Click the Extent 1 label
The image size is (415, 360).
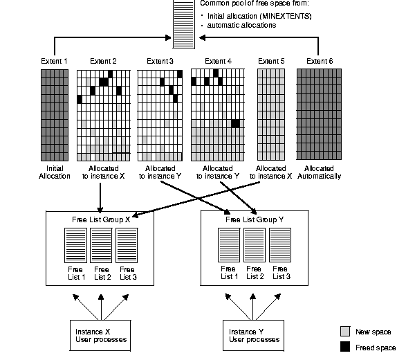[55, 62]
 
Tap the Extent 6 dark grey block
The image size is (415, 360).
[317, 114]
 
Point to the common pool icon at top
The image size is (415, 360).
[183, 19]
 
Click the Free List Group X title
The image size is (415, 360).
[100, 219]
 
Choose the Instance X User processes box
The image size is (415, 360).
[100, 335]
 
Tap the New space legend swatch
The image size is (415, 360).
[346, 331]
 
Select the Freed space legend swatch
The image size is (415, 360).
[346, 346]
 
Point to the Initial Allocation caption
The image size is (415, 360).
[55, 172]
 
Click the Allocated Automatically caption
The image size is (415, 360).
[318, 172]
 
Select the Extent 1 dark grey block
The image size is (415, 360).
[55, 114]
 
